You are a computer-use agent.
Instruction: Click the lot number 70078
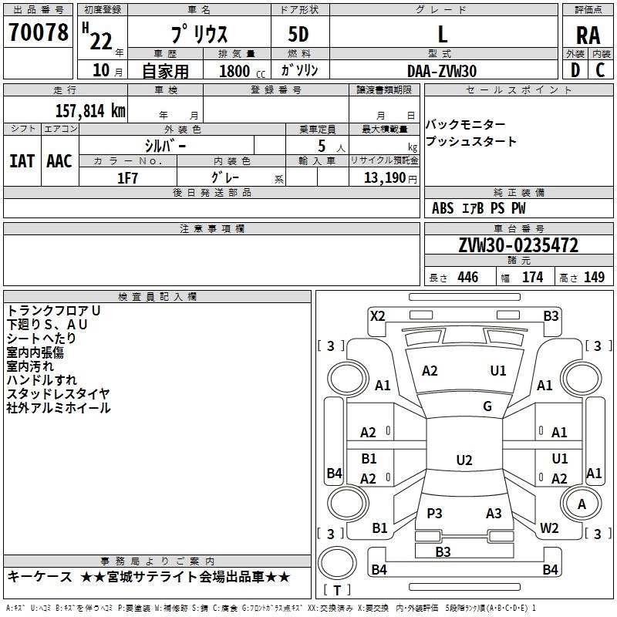pos(38,32)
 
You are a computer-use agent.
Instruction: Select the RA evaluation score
pos(588,35)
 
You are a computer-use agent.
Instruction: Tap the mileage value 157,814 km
pos(90,111)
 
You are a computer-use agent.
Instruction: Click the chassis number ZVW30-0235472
pos(518,245)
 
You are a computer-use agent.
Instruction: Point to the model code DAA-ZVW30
pos(442,71)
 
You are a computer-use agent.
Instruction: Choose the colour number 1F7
pos(127,178)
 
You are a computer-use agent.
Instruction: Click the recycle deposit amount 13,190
pos(384,178)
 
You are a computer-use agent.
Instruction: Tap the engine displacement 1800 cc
pos(242,71)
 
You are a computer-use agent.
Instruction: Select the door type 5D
pos(298,35)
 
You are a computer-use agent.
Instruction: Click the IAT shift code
pos(22,161)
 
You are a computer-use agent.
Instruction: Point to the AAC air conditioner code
pos(59,161)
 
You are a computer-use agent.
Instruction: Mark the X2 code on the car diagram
pos(377,316)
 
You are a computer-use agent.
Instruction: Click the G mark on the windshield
pos(487,406)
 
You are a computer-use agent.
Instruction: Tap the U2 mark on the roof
pos(464,460)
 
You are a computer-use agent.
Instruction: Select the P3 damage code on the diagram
pos(434,513)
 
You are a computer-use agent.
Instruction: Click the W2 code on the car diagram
pos(549,528)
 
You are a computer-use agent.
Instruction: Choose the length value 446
pos(468,277)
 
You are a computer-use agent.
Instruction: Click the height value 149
pos(594,277)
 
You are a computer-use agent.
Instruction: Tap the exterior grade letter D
pos(575,70)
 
